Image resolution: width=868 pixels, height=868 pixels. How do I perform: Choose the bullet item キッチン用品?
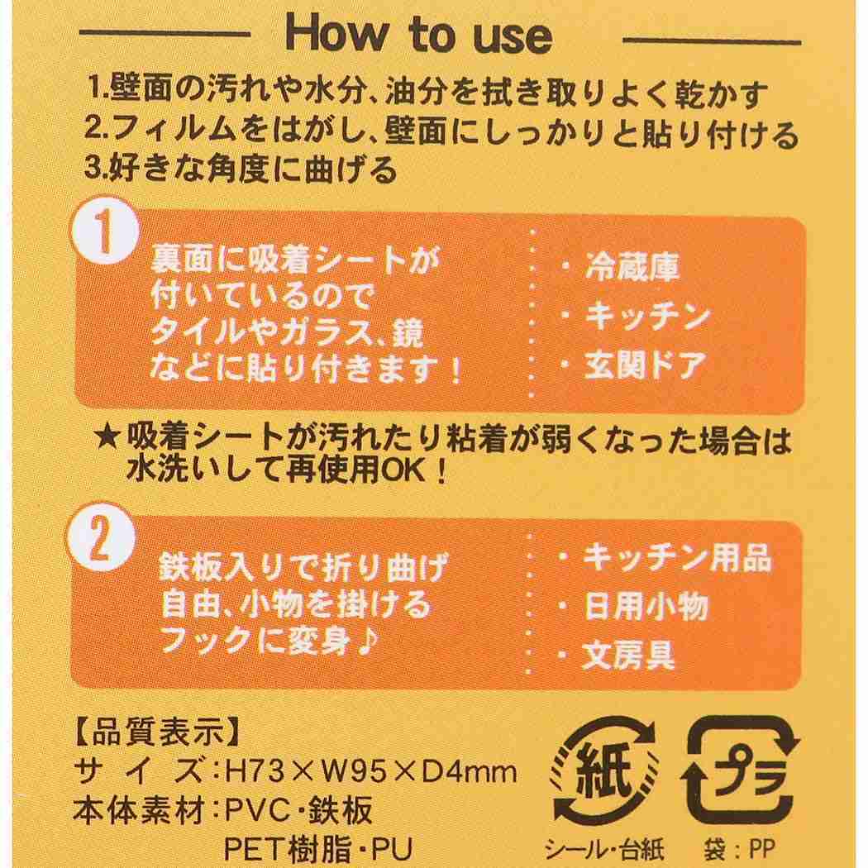coord(676,559)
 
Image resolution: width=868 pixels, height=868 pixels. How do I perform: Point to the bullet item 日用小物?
coord(646,608)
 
